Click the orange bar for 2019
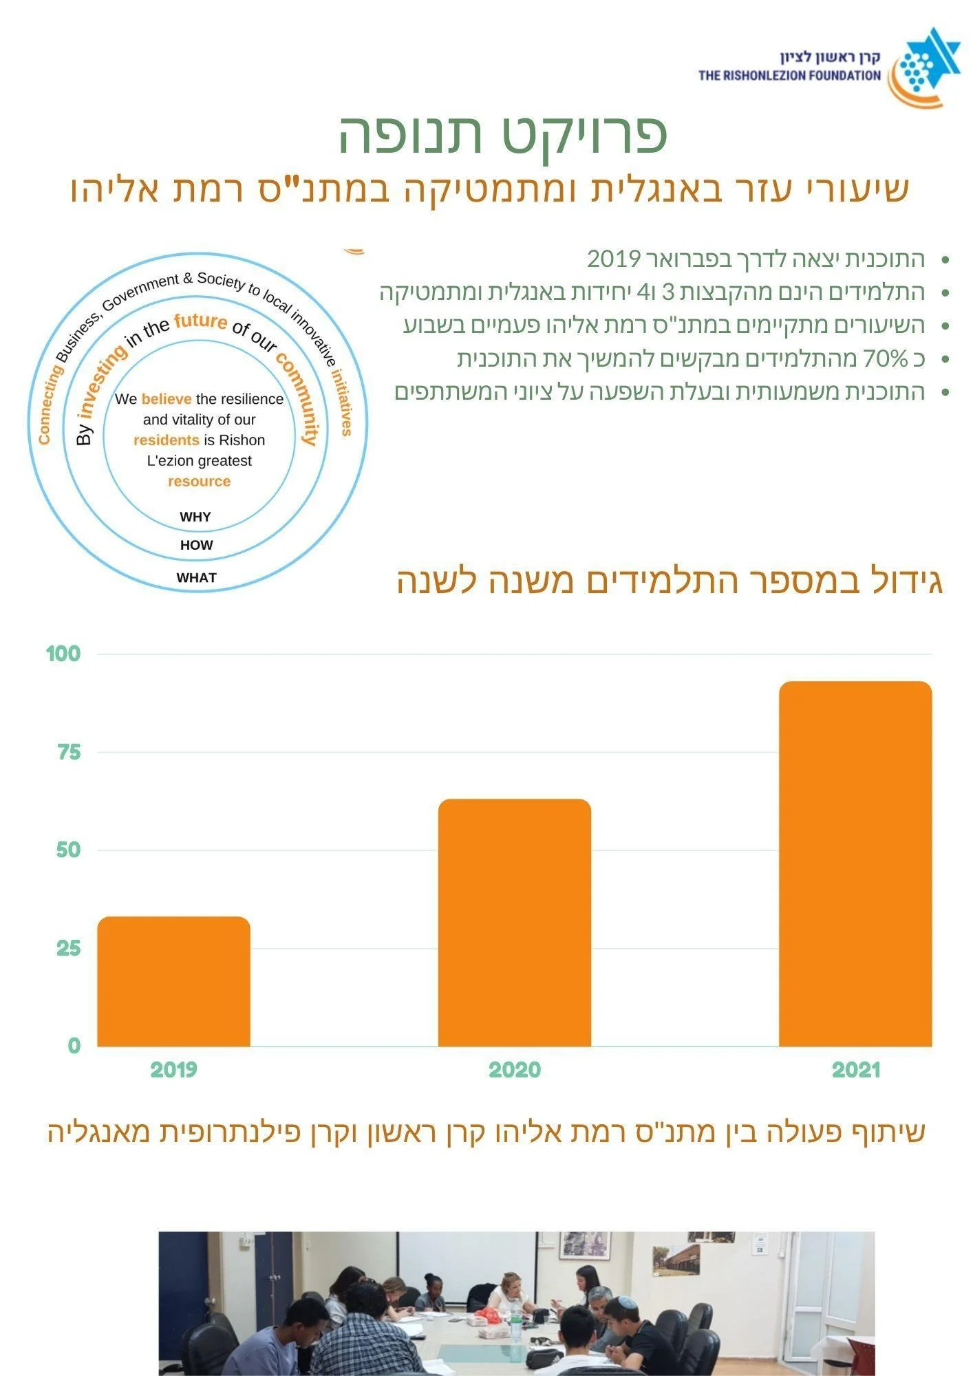(x=173, y=981)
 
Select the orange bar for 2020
(x=515, y=923)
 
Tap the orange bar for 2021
(x=855, y=863)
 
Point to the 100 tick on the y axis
(x=63, y=654)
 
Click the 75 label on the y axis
(x=69, y=752)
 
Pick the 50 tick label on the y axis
(x=69, y=850)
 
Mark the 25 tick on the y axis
(x=69, y=949)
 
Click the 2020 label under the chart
(x=515, y=1070)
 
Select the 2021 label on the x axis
(x=856, y=1070)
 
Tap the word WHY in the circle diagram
(x=195, y=517)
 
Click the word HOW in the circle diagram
(x=197, y=545)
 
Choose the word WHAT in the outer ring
(x=197, y=578)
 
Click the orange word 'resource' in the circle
(x=200, y=482)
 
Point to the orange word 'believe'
(x=167, y=399)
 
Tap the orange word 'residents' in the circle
(x=166, y=440)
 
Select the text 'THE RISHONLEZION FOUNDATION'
(x=790, y=76)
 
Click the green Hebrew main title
(x=503, y=134)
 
